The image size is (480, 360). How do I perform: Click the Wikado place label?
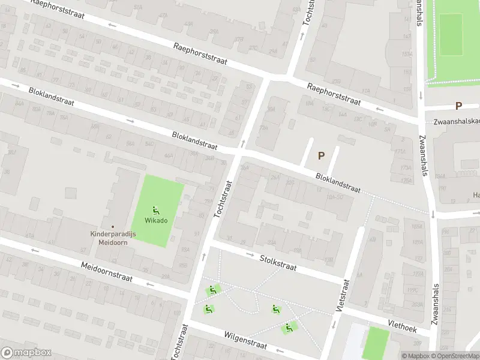coord(156,220)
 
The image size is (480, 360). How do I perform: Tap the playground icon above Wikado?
coord(156,210)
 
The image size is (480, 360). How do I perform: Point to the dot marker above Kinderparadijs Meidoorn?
coord(112,226)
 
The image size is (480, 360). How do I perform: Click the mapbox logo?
coord(26,353)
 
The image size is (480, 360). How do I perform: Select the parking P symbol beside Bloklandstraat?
coord(321,155)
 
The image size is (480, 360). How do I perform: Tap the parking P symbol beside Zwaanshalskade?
coord(458,106)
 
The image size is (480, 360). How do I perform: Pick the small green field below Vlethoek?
coord(376,344)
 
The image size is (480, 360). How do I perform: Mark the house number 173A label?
coord(406,168)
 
